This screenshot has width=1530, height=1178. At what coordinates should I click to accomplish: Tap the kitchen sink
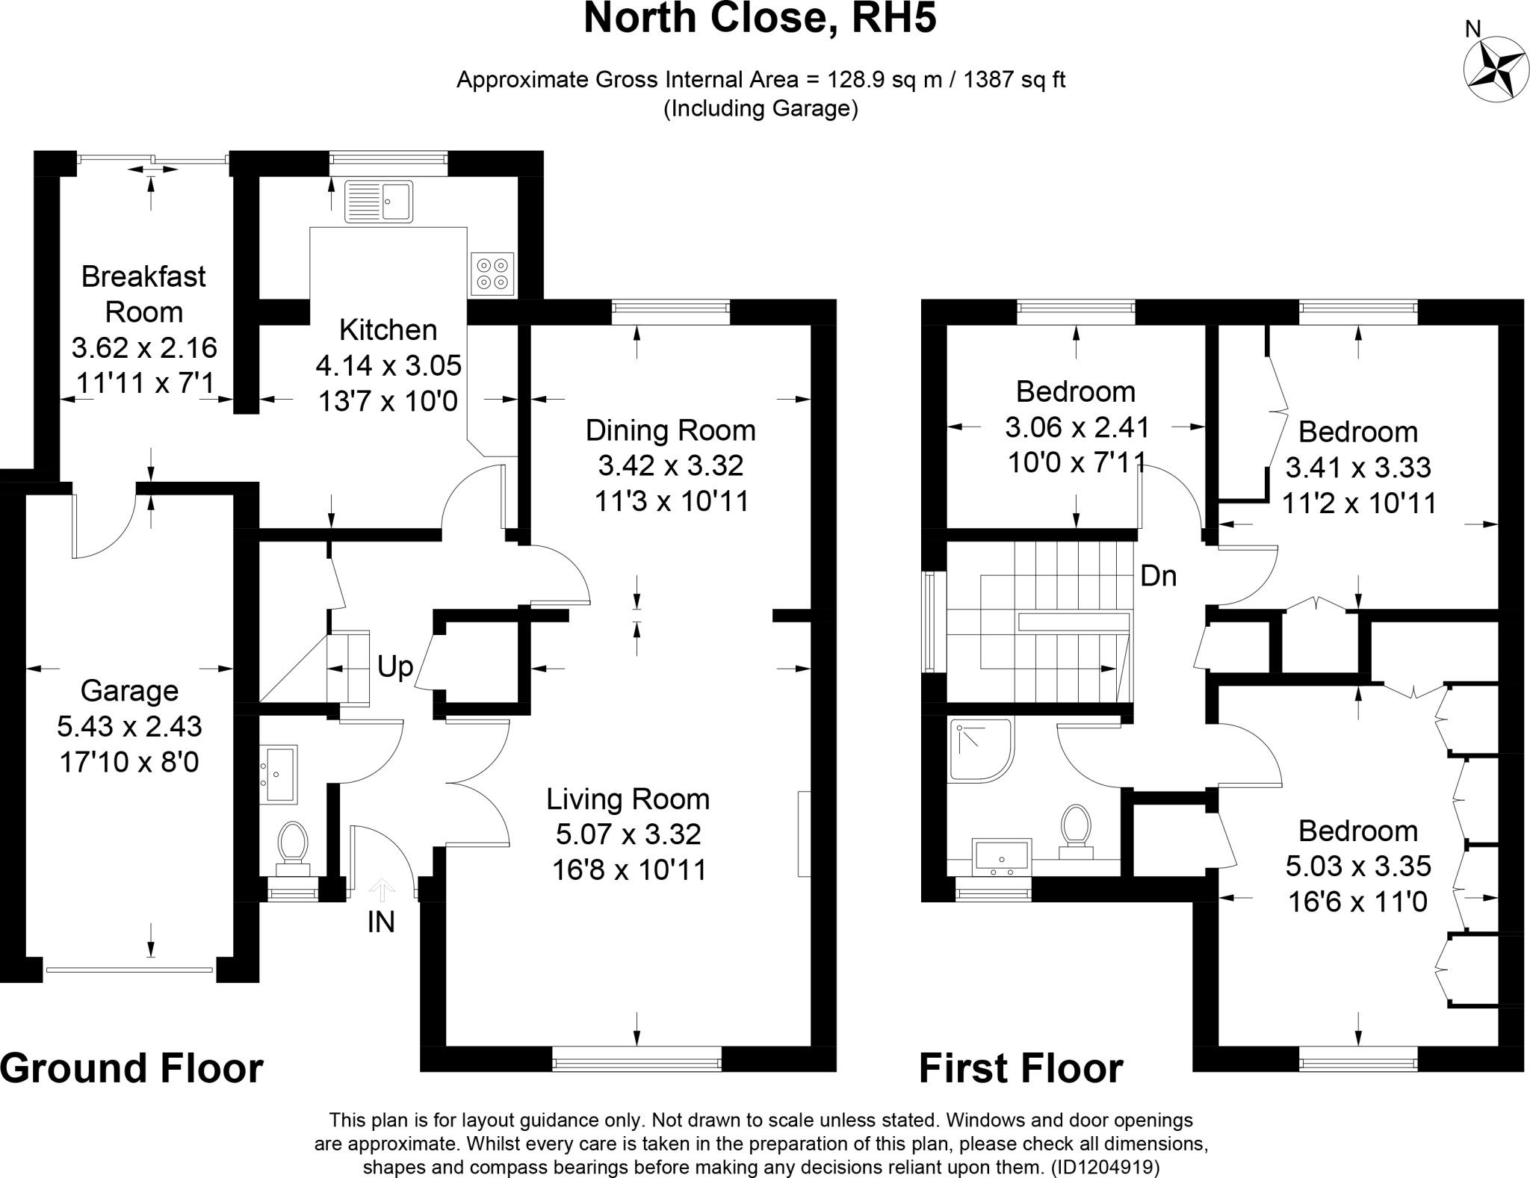[378, 202]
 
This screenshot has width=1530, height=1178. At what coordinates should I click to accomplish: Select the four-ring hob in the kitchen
[492, 273]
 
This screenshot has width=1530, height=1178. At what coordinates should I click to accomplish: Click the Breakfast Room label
[143, 294]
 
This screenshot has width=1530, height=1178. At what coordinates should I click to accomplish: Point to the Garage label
[129, 691]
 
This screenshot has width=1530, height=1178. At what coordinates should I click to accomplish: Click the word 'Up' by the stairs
[394, 666]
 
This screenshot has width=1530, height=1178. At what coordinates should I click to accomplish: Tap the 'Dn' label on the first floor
[1158, 576]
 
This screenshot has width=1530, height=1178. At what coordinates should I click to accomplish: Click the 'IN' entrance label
[381, 923]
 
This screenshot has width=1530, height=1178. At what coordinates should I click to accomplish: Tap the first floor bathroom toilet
[1076, 829]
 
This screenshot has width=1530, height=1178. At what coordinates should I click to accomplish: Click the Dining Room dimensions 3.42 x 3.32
[670, 466]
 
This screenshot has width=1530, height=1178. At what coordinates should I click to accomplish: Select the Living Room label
[628, 799]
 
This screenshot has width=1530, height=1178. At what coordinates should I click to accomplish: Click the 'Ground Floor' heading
[131, 1069]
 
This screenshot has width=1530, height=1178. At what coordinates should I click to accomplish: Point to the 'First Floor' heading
[1020, 1069]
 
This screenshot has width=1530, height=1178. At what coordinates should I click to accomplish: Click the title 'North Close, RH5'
[760, 19]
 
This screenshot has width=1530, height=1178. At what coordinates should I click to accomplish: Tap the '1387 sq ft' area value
[1014, 80]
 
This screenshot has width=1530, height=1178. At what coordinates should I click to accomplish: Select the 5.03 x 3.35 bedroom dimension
[1357, 867]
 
